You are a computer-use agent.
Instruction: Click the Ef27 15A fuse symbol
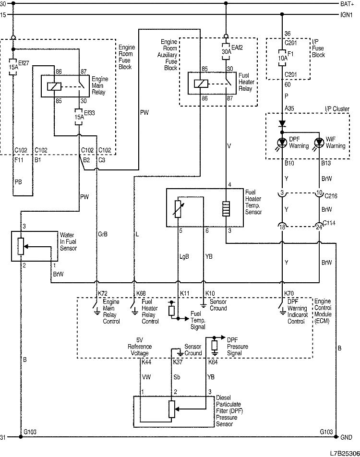(13, 66)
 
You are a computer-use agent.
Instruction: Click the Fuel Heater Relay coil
(200, 83)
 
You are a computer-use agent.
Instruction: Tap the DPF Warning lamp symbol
(282, 143)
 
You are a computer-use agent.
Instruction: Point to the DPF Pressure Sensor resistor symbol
(171, 409)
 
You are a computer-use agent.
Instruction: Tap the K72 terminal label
(103, 293)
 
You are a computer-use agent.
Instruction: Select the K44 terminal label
(146, 362)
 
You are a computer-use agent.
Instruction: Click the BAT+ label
(347, 3)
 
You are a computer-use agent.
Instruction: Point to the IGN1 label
(347, 14)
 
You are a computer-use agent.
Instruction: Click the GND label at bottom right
(346, 438)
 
